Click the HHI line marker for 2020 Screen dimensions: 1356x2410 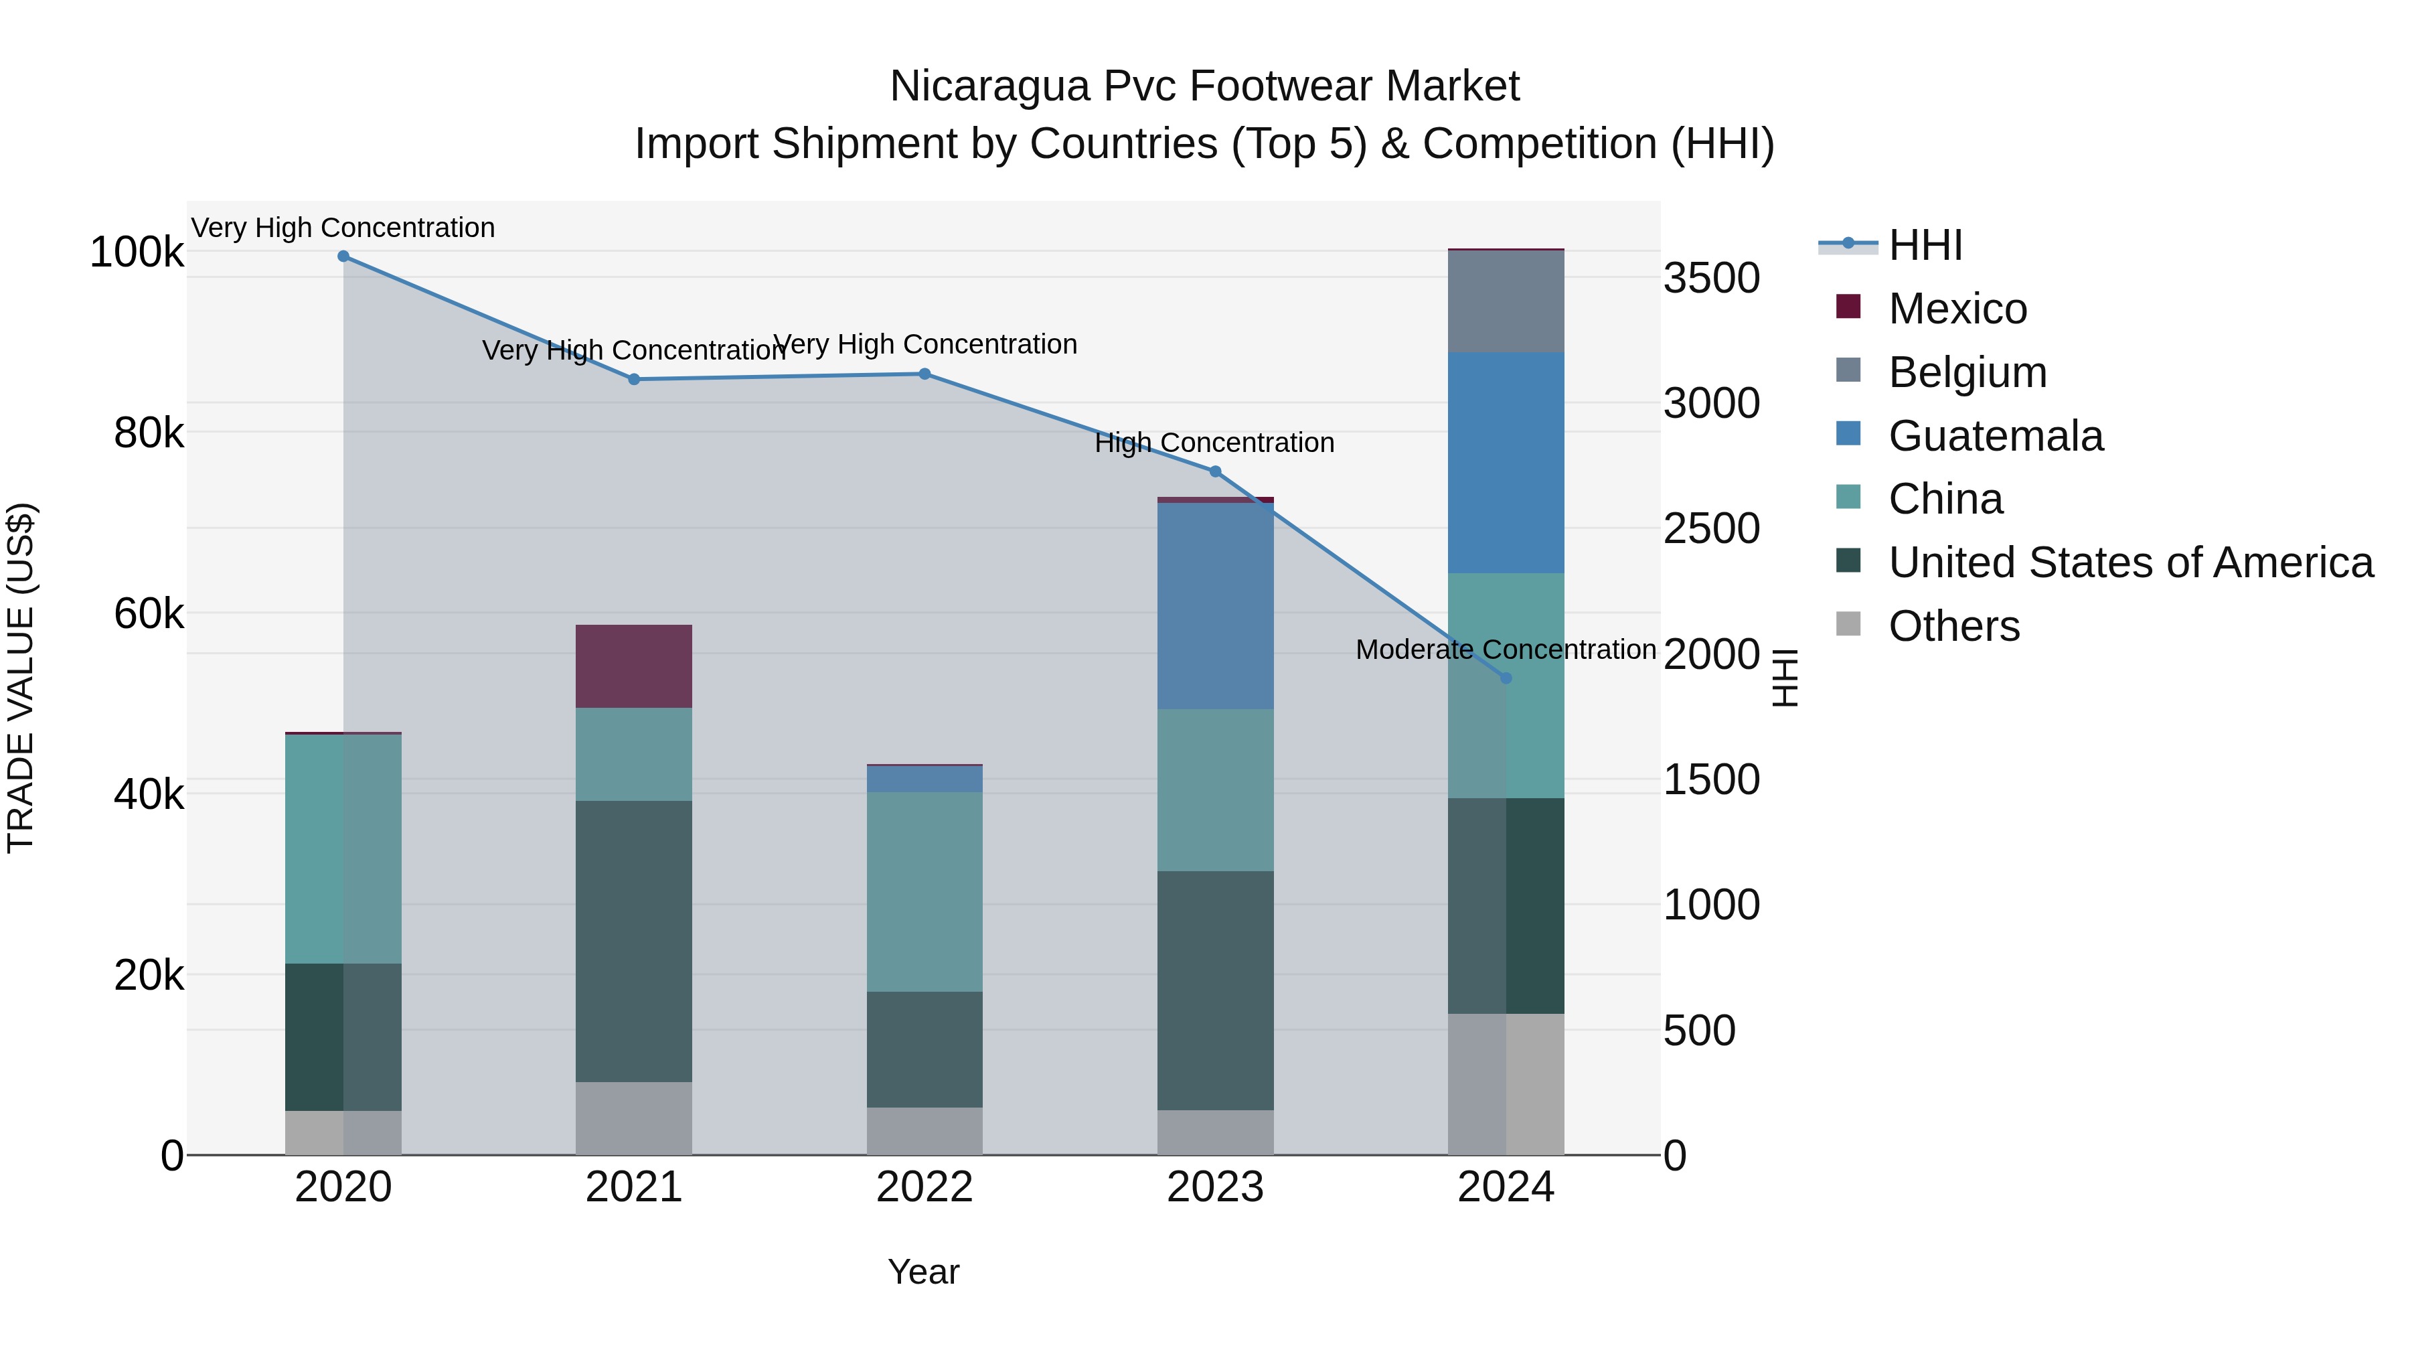[343, 256]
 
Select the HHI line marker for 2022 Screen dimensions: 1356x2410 [925, 374]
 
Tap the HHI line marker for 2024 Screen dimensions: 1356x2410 [1506, 678]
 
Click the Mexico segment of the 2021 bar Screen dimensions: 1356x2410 [633, 666]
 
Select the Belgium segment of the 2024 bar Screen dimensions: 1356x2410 [1506, 301]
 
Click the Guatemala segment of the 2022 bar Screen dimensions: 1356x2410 [925, 779]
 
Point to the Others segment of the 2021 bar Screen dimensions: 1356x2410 [633, 1118]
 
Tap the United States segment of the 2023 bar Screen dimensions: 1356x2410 [1215, 990]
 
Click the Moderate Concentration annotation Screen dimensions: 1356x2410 [1506, 650]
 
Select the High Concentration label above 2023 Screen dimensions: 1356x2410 [1214, 443]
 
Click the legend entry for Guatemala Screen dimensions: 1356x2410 [1996, 436]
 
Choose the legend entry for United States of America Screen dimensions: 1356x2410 [2130, 562]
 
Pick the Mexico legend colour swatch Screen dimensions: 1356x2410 [1848, 307]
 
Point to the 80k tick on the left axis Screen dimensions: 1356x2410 [149, 433]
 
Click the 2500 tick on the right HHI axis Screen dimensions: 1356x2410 [1711, 529]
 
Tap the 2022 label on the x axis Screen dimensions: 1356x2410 [925, 1187]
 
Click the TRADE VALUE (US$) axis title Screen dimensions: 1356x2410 [21, 678]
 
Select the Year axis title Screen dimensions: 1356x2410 [923, 1272]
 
